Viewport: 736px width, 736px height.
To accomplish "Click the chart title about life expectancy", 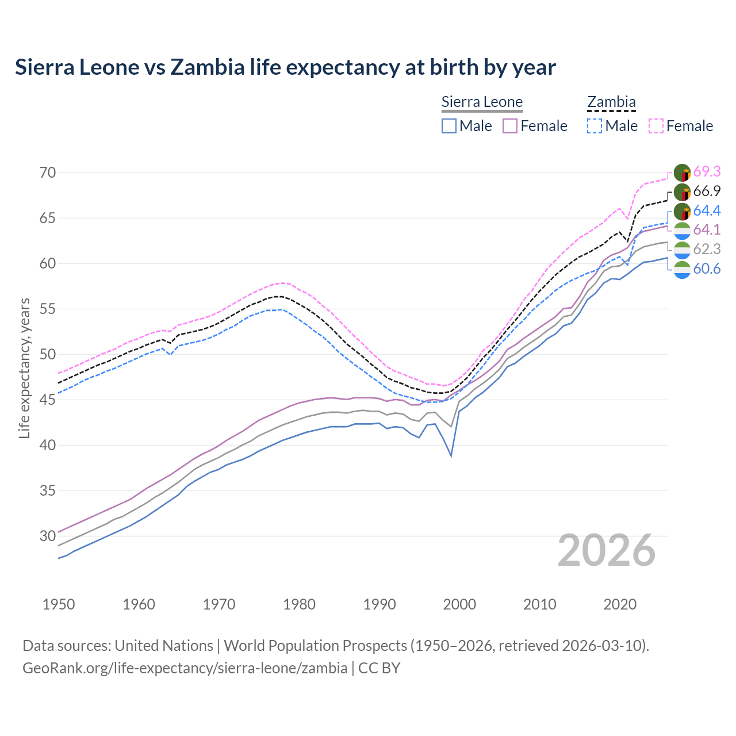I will pos(285,67).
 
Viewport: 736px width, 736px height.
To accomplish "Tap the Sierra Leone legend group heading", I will pos(482,102).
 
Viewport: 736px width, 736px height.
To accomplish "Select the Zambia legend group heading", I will pos(611,102).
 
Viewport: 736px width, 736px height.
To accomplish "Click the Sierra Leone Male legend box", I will pos(449,126).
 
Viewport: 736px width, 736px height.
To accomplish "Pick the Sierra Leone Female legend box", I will pos(510,126).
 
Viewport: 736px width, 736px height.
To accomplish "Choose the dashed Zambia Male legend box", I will pos(595,126).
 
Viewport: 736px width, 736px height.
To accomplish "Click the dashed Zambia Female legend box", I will pos(656,126).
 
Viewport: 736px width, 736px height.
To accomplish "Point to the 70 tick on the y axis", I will pos(47,172).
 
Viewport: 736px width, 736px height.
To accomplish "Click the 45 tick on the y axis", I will pos(47,400).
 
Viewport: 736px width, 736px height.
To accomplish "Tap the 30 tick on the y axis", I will pos(47,536).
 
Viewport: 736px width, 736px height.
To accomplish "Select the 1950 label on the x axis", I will pos(59,604).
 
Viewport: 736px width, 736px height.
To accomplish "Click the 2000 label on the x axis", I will pos(459,604).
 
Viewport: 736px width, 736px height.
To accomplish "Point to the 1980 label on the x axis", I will pos(299,604).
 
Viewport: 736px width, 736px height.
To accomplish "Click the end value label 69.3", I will pos(707,172).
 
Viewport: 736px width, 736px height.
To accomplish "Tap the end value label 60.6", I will pos(707,269).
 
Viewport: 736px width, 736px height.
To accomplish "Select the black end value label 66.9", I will pos(707,191).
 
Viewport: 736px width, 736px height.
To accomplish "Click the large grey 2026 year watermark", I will pos(607,551).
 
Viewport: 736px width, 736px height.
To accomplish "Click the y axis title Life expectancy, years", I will pos(24,368).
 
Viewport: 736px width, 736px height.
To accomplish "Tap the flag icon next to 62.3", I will pos(682,250).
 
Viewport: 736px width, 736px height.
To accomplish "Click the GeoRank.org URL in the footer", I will pos(185,668).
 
